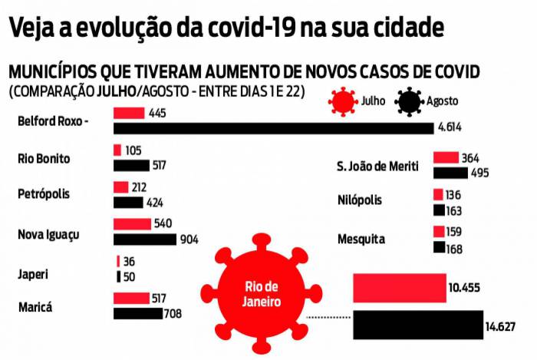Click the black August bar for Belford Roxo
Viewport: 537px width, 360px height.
pyautogui.click(x=273, y=128)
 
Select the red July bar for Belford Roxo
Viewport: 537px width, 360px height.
pyautogui.click(x=128, y=113)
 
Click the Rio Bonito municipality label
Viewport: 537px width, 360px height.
pyautogui.click(x=44, y=158)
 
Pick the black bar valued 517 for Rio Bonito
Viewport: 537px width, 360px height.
pyautogui.click(x=131, y=165)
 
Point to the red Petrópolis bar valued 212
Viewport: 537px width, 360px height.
pyautogui.click(x=120, y=187)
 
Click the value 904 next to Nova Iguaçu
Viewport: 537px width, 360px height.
pyautogui.click(x=189, y=239)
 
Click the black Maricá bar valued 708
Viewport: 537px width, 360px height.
pyautogui.click(x=137, y=313)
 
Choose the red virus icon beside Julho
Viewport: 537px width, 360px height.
pyautogui.click(x=343, y=101)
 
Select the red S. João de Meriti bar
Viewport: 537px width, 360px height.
pyautogui.click(x=446, y=157)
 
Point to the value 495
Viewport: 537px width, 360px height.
pyautogui.click(x=479, y=173)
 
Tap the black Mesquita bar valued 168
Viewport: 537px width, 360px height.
pyautogui.click(x=439, y=247)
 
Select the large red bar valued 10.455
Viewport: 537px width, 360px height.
pyautogui.click(x=399, y=287)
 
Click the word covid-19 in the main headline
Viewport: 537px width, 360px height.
pyautogui.click(x=236, y=28)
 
